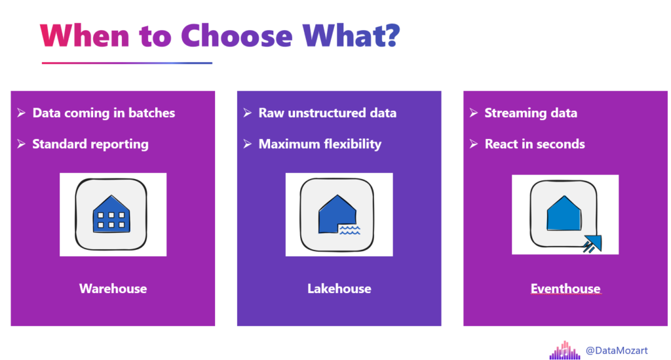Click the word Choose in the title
(x=237, y=35)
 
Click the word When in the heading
(x=85, y=35)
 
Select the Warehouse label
(x=113, y=289)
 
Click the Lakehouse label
(x=339, y=289)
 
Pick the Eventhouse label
(x=566, y=289)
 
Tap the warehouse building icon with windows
(x=111, y=214)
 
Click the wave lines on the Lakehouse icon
(x=350, y=230)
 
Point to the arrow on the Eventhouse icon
(x=592, y=243)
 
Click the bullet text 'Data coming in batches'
(x=104, y=113)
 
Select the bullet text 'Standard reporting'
(x=90, y=144)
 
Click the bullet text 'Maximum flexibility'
(x=320, y=144)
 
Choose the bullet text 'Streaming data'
(x=531, y=113)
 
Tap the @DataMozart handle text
(x=616, y=350)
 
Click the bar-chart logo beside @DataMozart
(x=565, y=350)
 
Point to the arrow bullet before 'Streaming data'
(x=473, y=113)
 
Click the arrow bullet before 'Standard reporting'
(x=22, y=144)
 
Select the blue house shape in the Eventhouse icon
(x=564, y=213)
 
